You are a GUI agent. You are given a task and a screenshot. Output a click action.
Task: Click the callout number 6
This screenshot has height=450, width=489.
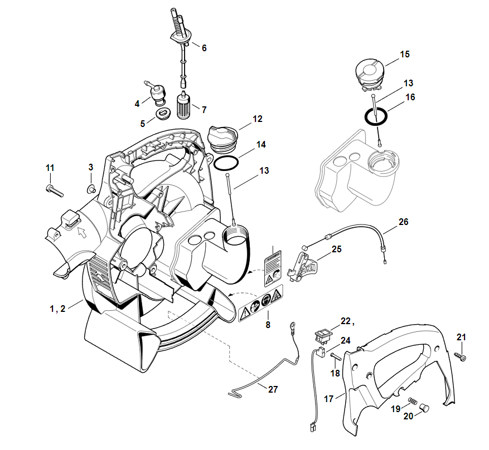pyautogui.click(x=204, y=48)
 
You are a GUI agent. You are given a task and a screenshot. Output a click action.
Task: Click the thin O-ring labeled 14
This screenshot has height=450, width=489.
pyautogui.click(x=225, y=164)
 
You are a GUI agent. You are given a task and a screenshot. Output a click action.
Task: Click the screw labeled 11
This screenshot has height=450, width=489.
pyautogui.click(x=54, y=189)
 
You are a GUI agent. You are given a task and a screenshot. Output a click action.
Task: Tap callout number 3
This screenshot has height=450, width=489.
pyautogui.click(x=91, y=167)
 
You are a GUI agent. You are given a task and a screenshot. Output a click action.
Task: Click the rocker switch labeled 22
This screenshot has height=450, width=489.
pyautogui.click(x=323, y=335)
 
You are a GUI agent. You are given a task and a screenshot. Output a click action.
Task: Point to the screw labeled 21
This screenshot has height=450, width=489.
pyautogui.click(x=461, y=355)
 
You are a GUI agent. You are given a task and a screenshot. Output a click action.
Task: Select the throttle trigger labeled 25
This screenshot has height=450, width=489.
pyautogui.click(x=303, y=265)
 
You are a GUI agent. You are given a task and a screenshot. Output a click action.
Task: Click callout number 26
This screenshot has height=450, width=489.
pyautogui.click(x=403, y=222)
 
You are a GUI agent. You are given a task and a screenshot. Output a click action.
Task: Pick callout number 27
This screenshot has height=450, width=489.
pyautogui.click(x=273, y=389)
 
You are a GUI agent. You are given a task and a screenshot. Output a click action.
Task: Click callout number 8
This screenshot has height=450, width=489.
pyautogui.click(x=268, y=324)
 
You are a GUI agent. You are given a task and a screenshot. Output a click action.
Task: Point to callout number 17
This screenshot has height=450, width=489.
pyautogui.click(x=328, y=398)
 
